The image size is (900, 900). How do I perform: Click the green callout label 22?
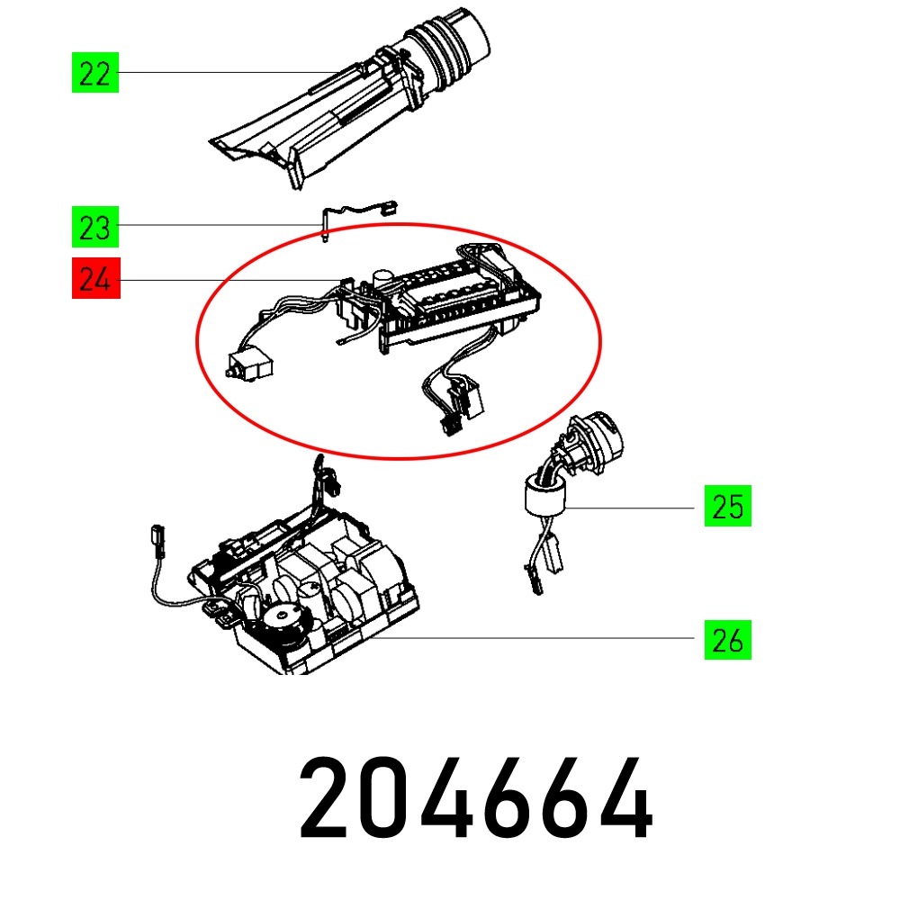point(95,72)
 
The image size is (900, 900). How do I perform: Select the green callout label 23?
point(95,227)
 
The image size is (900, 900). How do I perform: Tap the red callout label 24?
point(96,278)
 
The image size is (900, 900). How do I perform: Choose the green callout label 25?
point(728,506)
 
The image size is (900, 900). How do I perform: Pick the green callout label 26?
point(728,639)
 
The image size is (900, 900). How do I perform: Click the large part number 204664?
point(476,797)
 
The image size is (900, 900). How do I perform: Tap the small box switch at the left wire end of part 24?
point(249,364)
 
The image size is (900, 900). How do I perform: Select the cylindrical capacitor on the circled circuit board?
point(382,280)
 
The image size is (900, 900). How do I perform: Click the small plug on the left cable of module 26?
point(157,541)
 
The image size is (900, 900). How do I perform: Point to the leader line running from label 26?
point(532,638)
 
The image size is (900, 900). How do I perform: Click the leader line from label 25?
point(630,508)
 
